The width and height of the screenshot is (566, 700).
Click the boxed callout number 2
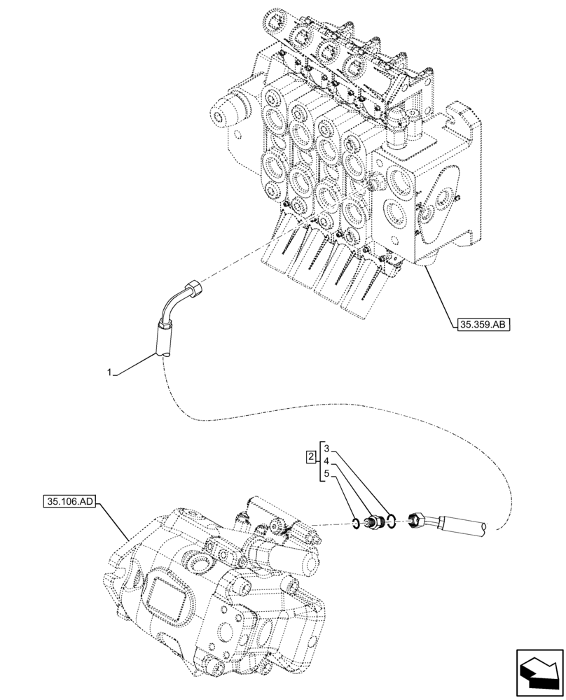(x=310, y=458)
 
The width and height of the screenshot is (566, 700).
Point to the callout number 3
(x=326, y=447)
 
